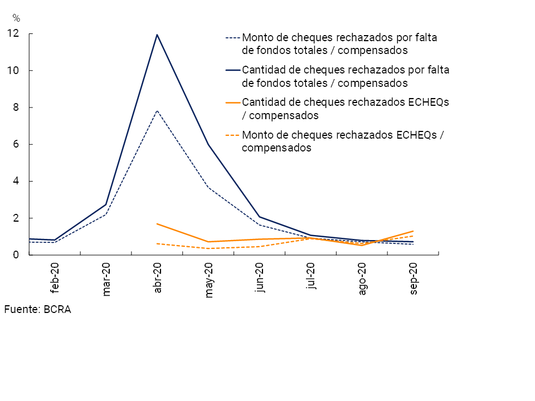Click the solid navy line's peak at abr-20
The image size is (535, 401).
(x=157, y=35)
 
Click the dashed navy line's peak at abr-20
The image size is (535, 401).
(x=157, y=110)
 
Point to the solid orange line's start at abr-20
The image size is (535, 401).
(x=157, y=224)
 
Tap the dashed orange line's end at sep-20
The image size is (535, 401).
(x=413, y=236)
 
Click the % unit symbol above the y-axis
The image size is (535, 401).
(x=16, y=18)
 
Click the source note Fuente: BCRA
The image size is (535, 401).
(x=37, y=310)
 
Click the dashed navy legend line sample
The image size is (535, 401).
(x=233, y=38)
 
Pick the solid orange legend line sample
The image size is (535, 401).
(x=233, y=103)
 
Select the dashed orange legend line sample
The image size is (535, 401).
(x=233, y=135)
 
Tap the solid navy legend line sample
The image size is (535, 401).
(x=233, y=71)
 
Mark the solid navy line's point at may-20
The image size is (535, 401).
(x=208, y=145)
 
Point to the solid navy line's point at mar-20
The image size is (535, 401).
(x=106, y=204)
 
